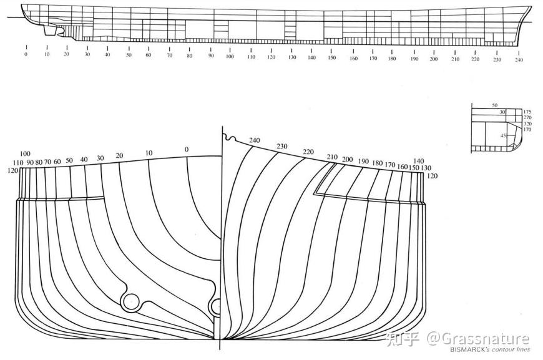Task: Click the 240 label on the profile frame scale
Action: [519, 60]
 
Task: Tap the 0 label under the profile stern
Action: [26, 55]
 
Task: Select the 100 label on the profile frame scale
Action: [230, 56]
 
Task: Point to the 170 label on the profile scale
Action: [373, 58]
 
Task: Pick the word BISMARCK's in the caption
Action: [470, 349]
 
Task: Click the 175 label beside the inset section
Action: [527, 111]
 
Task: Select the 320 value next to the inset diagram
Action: [527, 124]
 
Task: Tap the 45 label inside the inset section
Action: [503, 135]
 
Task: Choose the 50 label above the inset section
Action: [495, 105]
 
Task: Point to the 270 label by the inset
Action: [527, 117]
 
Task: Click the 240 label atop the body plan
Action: [255, 140]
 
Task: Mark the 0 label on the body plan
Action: [186, 149]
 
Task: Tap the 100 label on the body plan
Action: [25, 153]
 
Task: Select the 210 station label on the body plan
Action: [332, 157]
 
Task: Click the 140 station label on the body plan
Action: [419, 161]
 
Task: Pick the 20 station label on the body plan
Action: [119, 155]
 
